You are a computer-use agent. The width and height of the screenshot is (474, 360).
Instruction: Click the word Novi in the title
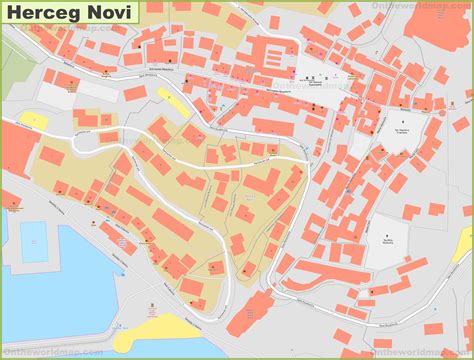click(101, 14)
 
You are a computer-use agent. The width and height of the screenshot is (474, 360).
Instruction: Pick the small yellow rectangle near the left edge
click(33, 119)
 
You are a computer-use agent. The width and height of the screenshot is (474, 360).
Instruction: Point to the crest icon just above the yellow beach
click(152, 305)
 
